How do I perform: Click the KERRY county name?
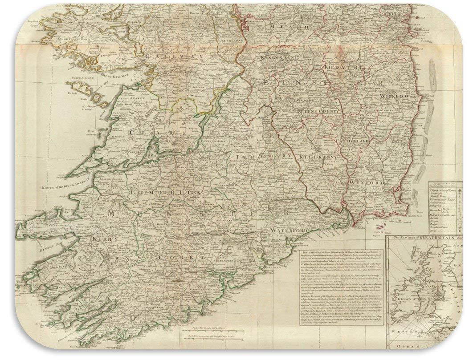pos(104,239)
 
